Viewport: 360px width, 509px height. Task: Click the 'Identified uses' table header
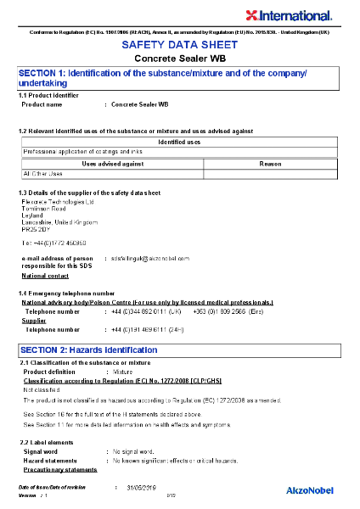point(179,142)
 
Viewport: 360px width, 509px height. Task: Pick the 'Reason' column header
point(270,163)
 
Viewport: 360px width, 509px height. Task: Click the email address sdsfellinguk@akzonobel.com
point(150,257)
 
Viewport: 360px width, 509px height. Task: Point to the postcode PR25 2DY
point(36,230)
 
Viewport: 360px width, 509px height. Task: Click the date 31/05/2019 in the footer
point(143,488)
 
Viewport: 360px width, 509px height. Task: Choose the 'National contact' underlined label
point(45,276)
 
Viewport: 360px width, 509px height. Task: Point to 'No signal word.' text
point(135,452)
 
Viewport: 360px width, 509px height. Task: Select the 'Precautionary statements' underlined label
point(60,469)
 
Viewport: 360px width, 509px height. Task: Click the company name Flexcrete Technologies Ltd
point(58,202)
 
